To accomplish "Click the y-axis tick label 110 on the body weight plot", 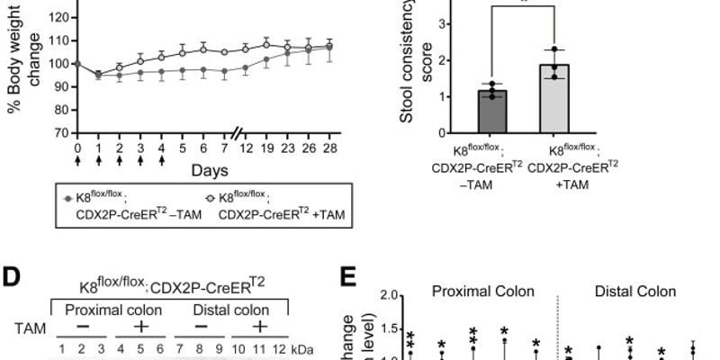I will (58, 40).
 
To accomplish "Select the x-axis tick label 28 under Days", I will (306, 148).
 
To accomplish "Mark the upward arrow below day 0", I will (78, 162).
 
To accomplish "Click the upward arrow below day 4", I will (161, 162).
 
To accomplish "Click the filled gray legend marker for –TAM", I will (67, 196).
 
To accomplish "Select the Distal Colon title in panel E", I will (636, 292).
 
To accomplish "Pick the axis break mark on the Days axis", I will (236, 132).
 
